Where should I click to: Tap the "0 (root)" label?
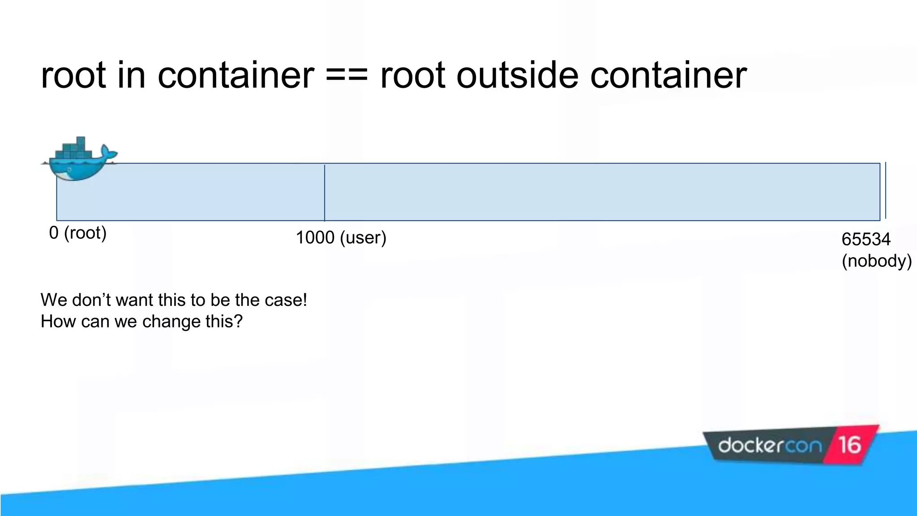click(78, 233)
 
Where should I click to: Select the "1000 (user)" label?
click(341, 238)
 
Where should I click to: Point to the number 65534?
click(866, 239)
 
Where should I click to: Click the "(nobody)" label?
click(876, 261)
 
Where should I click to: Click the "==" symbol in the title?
click(347, 75)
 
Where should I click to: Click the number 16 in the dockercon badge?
click(849, 445)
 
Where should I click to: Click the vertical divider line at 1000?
click(325, 193)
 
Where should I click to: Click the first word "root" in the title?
click(73, 75)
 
